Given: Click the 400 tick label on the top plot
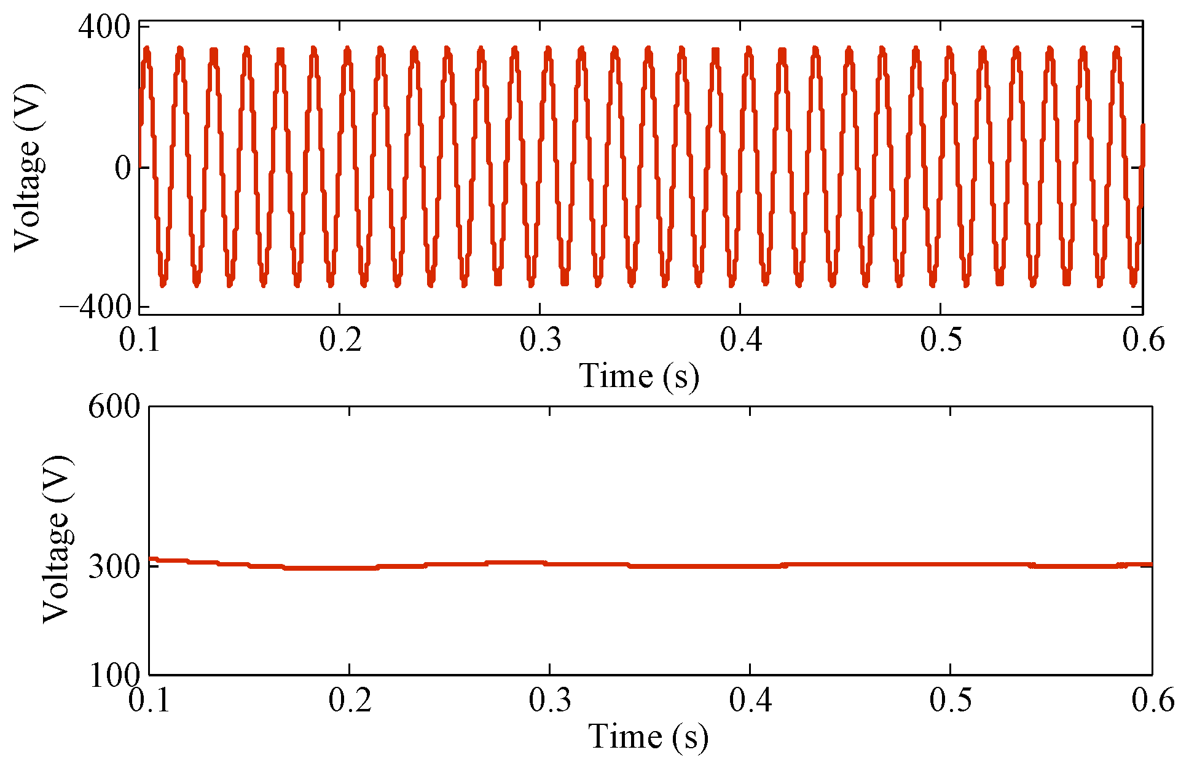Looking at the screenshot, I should point(104,28).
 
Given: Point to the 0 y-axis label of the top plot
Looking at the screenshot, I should point(124,168).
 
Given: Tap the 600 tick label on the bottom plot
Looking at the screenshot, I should point(114,407).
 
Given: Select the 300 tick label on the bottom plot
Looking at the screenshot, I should point(114,566).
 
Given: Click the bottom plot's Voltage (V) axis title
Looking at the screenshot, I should point(57,539).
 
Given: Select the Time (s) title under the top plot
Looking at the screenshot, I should point(639,376).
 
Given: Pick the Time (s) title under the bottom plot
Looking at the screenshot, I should point(648,737).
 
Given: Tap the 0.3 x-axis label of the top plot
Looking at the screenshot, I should point(540,339).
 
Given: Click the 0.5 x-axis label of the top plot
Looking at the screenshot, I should point(941,339).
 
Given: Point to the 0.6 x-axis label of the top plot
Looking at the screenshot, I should point(1143,339).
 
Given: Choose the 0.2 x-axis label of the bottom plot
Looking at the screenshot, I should point(350,700).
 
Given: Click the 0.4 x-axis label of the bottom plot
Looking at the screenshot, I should point(750,700).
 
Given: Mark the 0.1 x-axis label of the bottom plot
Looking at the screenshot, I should point(149,700).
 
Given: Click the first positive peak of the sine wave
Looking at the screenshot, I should point(146,49).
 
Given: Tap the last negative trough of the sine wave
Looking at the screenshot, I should point(1132,284).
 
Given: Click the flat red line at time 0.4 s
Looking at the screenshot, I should point(750,565).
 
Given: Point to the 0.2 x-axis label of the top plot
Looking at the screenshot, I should point(340,339).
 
